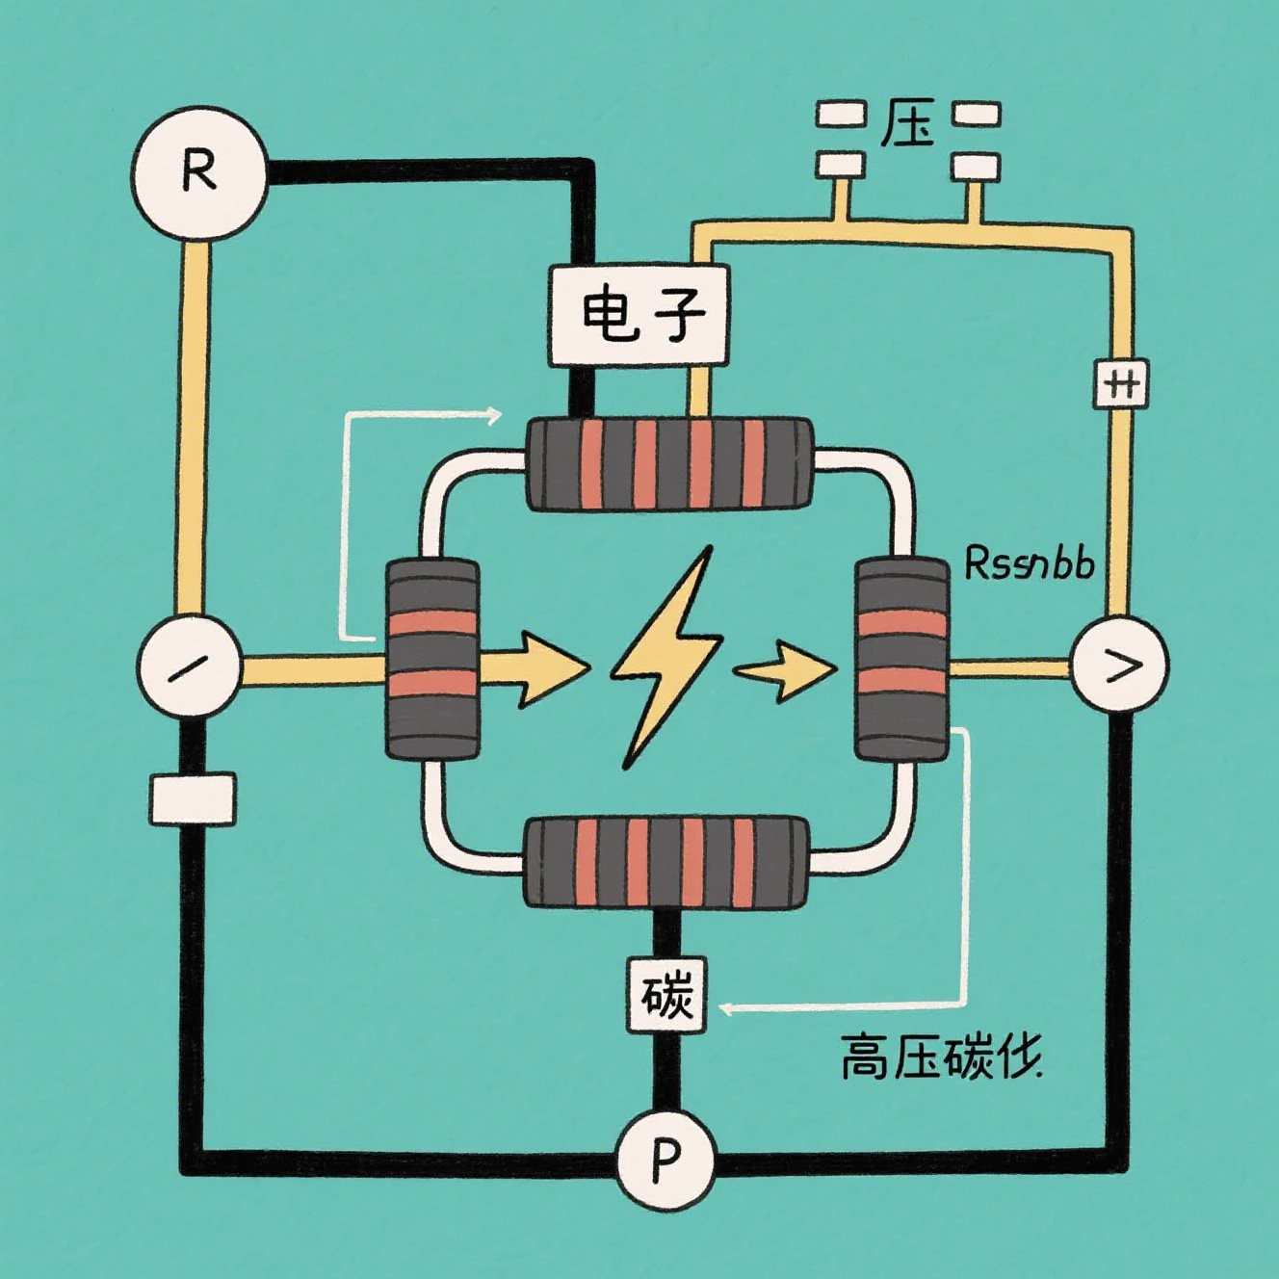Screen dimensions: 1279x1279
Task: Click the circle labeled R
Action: (199, 172)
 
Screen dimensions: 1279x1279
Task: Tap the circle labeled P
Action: (665, 1159)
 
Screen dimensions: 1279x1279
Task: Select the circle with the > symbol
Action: (1119, 665)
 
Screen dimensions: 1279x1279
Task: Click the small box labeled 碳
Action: (666, 995)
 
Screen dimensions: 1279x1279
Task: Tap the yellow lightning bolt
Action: (667, 655)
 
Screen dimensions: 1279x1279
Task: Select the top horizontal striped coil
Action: (669, 463)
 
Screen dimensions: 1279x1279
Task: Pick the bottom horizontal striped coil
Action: (666, 862)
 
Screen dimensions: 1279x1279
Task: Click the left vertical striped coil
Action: (432, 659)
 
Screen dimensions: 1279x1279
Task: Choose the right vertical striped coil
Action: (901, 659)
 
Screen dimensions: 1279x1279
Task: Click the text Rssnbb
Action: (1029, 563)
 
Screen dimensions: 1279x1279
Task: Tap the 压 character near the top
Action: (907, 123)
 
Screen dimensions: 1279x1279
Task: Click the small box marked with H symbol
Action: (1121, 385)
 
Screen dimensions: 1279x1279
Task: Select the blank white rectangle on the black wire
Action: (193, 798)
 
